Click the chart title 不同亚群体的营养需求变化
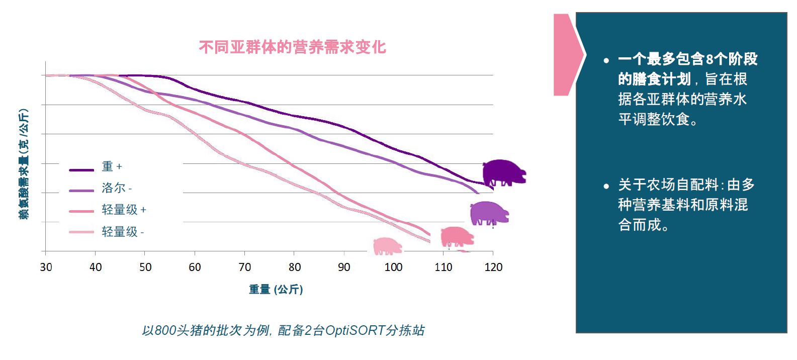click(292, 47)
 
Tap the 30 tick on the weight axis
click(46, 267)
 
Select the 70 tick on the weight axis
click(244, 267)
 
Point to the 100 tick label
click(393, 267)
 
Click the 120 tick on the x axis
click(493, 267)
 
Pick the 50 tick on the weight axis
click(145, 267)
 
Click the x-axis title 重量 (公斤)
click(276, 289)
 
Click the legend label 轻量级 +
click(124, 210)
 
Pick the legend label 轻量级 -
click(123, 232)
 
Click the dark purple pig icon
click(503, 172)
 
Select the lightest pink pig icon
click(388, 246)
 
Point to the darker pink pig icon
click(457, 236)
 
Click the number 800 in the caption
click(165, 330)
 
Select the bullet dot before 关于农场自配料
click(606, 186)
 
